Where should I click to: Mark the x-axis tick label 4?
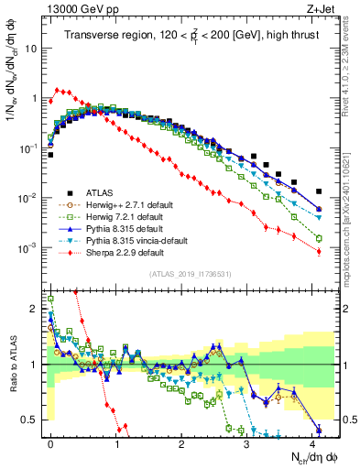(313, 442)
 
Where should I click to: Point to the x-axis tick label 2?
(182, 442)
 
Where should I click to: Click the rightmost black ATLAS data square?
(319, 191)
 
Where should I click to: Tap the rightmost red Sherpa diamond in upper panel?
(319, 252)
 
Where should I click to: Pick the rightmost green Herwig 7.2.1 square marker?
(319, 238)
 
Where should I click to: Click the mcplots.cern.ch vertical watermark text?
(351, 229)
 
